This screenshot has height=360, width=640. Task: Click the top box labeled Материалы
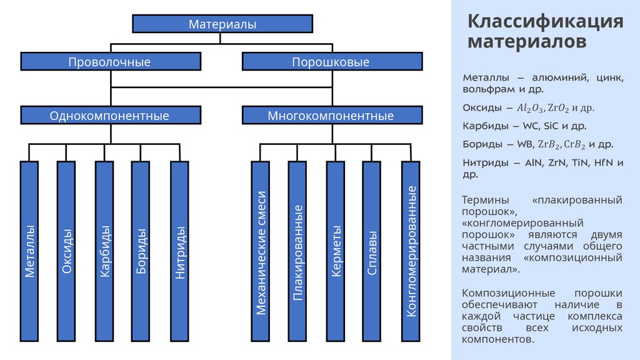tap(222, 24)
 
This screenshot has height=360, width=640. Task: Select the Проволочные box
tap(111, 62)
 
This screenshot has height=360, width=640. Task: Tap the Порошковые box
tap(331, 62)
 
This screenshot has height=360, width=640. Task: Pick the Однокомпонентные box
tap(111, 116)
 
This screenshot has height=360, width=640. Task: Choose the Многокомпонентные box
tap(331, 116)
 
